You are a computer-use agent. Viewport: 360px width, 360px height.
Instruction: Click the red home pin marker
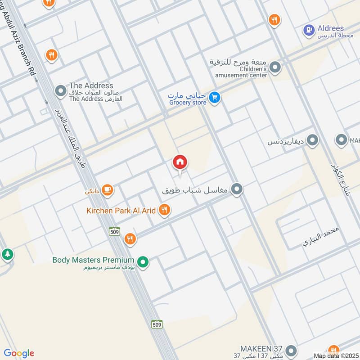coord(180,162)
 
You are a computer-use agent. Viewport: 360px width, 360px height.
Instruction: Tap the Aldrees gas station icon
coord(309,30)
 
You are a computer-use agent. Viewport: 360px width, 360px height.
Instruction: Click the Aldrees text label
coord(330,28)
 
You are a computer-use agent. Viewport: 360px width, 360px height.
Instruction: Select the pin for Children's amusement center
coord(275,68)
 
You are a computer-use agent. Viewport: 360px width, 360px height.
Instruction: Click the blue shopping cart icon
coord(215,97)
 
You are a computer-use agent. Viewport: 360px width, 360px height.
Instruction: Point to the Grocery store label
coord(188,103)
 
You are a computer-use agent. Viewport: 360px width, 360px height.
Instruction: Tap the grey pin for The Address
coord(60,92)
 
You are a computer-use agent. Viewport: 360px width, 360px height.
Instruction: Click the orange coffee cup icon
coord(107,190)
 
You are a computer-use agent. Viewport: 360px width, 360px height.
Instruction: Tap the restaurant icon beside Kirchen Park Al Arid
coord(165,209)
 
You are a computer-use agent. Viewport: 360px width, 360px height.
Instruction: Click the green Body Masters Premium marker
coord(143,261)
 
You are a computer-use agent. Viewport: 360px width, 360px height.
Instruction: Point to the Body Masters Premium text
coord(93,260)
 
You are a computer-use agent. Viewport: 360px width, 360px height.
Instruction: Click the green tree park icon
coord(7,254)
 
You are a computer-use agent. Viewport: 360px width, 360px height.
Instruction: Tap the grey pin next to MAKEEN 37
coord(291,350)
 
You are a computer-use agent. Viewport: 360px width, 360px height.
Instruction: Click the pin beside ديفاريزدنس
coord(312,141)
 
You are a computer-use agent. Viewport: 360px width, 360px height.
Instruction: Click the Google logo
coord(19,353)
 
